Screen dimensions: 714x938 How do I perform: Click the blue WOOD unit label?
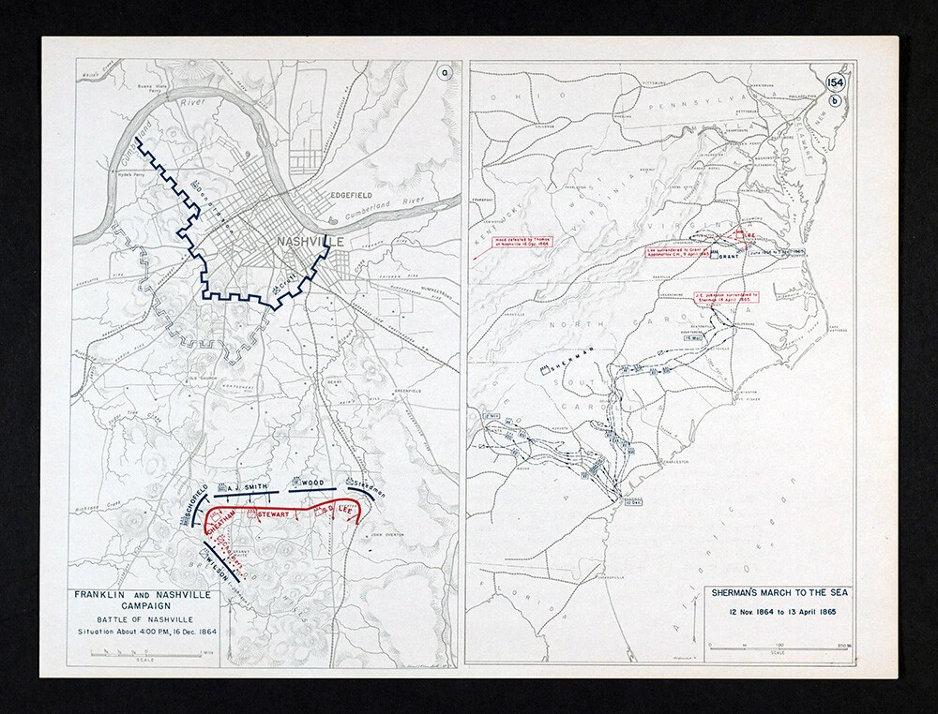[x=312, y=483]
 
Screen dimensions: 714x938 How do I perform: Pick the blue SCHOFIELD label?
[x=198, y=494]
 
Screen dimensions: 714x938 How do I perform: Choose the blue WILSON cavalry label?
[x=218, y=569]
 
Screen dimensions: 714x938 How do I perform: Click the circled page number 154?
[x=835, y=82]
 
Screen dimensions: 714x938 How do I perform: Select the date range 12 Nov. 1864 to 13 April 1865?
[x=778, y=612]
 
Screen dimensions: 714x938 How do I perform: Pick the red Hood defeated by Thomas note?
[x=522, y=242]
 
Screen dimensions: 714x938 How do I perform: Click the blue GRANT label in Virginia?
[x=731, y=254]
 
